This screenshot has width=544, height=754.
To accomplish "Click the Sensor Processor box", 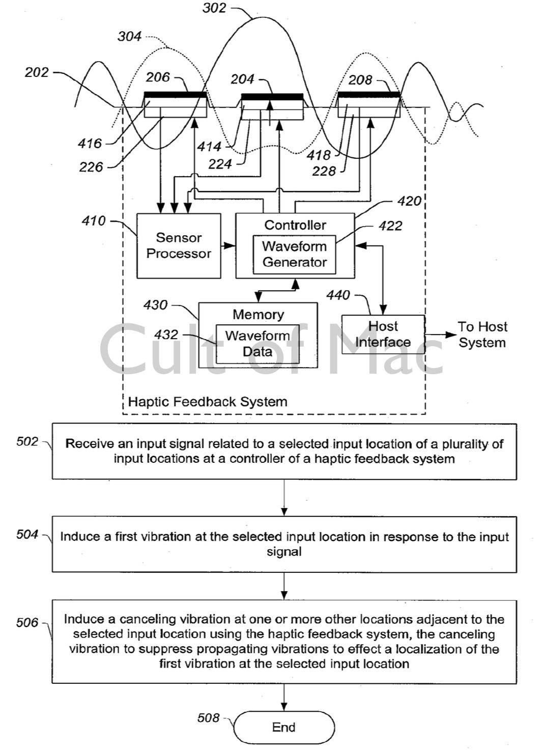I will click(x=179, y=245).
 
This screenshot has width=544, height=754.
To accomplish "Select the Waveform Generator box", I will click(x=294, y=254).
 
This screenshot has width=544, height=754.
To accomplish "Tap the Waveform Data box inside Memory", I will click(x=257, y=344).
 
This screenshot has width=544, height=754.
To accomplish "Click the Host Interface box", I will click(x=383, y=334).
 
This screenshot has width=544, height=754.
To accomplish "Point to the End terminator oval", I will click(x=283, y=727).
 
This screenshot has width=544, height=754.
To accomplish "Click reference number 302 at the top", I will click(x=214, y=8).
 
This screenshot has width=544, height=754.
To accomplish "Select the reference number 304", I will click(x=129, y=37).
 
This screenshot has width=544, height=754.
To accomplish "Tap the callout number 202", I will click(x=37, y=72).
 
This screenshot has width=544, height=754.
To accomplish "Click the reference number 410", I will click(x=93, y=221).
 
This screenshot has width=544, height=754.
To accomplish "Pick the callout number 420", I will click(x=409, y=201).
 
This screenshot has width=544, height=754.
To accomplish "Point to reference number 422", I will click(x=390, y=226).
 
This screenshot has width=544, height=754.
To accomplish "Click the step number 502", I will click(x=27, y=441).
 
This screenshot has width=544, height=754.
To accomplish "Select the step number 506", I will click(x=27, y=622).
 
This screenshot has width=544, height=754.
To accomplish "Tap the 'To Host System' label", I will click(x=482, y=334).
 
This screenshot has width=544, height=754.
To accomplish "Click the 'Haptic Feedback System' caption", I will click(x=208, y=402).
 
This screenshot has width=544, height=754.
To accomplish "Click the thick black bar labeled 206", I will click(x=176, y=95).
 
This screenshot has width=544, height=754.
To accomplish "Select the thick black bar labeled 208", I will click(x=369, y=95).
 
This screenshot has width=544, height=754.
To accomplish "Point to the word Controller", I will click(x=295, y=225).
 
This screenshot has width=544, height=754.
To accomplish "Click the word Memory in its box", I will click(x=258, y=314).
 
